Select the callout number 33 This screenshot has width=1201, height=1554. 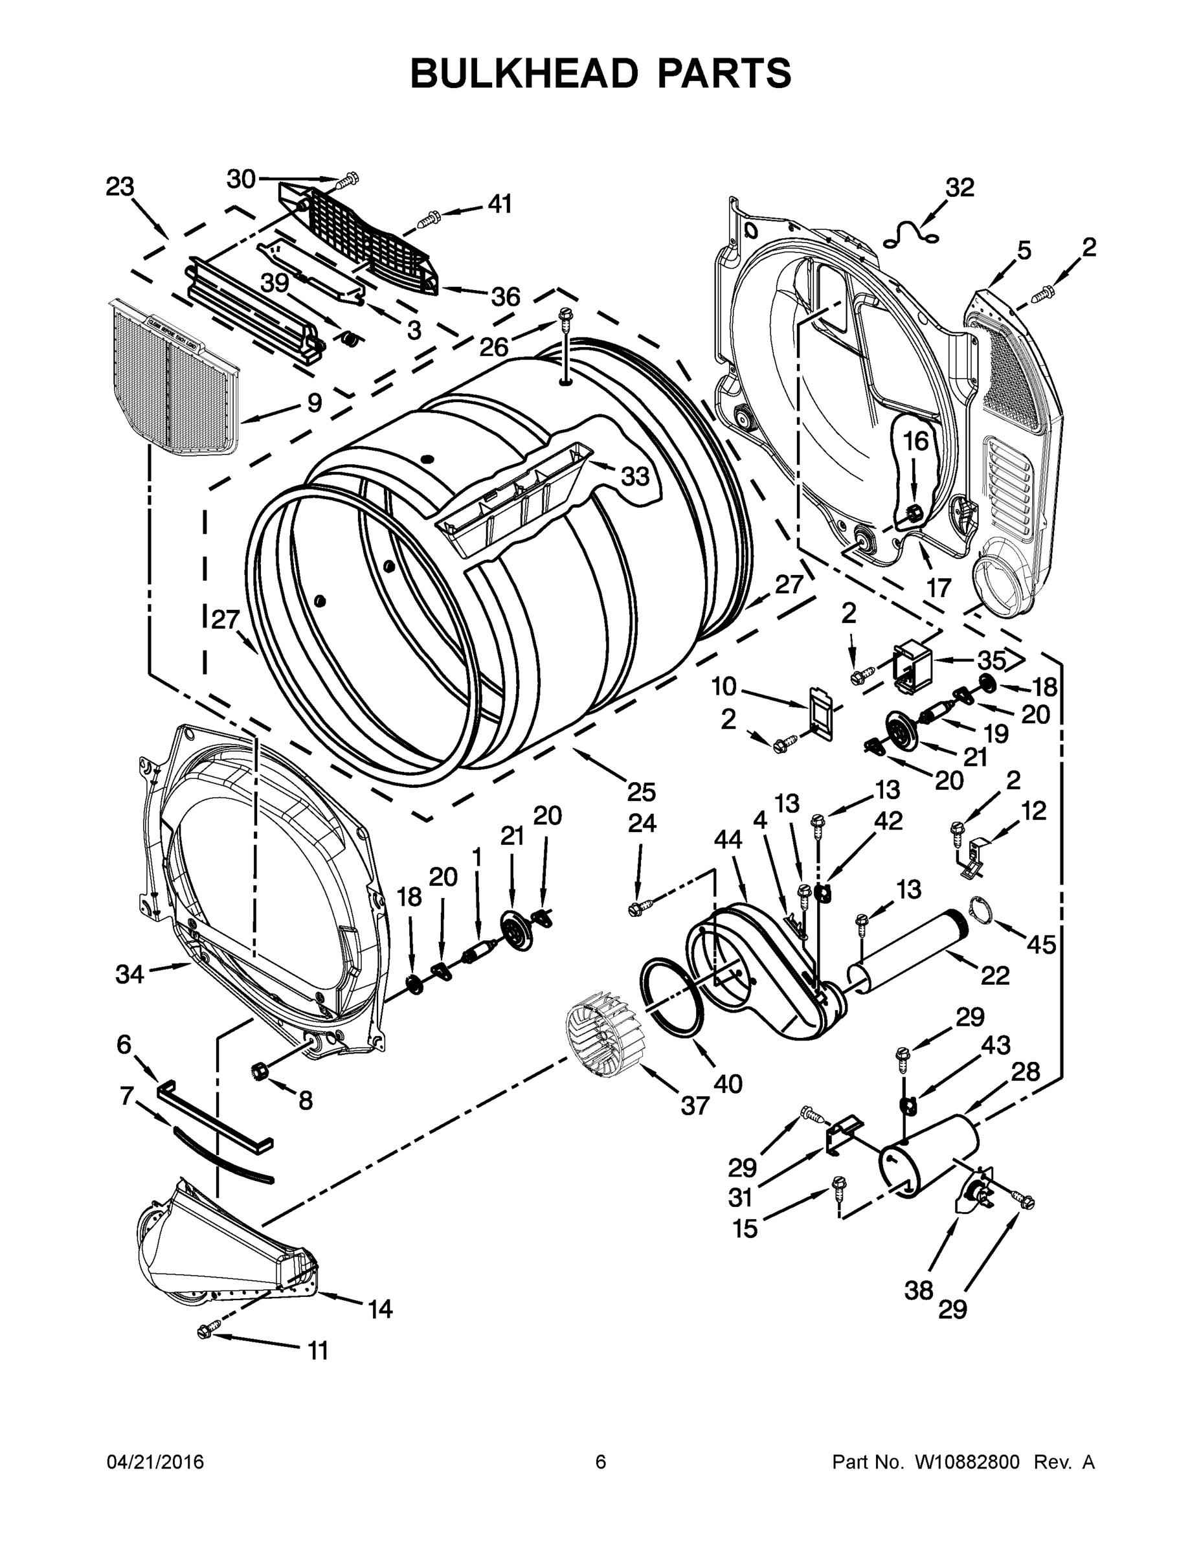(634, 476)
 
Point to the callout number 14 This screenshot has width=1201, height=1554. (380, 1309)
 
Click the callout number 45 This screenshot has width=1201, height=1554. (1040, 945)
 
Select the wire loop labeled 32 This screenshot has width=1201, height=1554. (910, 234)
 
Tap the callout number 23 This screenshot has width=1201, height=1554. (120, 187)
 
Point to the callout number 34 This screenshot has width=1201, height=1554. (129, 974)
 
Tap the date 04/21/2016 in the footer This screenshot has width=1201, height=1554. (155, 1461)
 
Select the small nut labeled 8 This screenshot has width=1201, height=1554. (259, 1070)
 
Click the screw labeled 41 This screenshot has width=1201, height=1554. (429, 219)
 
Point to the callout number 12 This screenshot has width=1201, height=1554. (1034, 811)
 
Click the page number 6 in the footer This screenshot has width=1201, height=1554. (601, 1461)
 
